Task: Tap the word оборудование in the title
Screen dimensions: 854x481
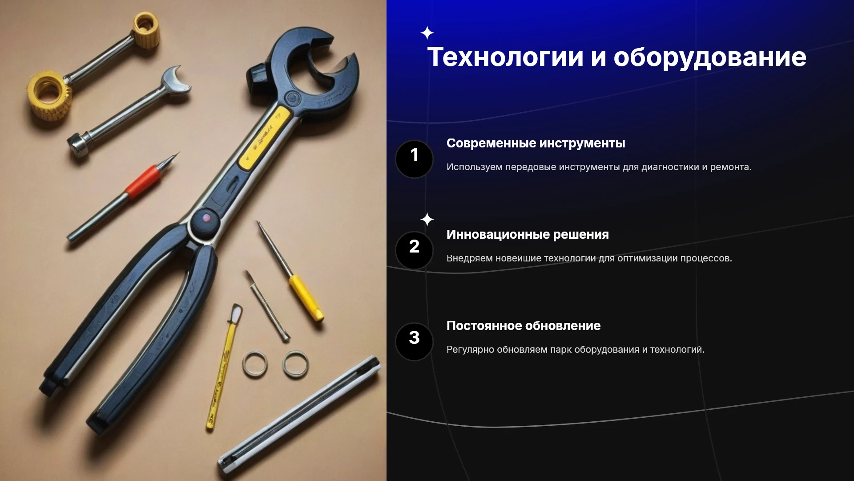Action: pos(710,58)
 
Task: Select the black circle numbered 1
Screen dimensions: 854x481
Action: pos(414,159)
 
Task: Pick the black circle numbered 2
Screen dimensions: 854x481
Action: pos(414,250)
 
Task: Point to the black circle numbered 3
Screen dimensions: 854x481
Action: pos(414,342)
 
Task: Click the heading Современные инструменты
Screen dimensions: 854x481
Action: pos(536,143)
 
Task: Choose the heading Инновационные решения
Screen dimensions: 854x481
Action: pos(528,235)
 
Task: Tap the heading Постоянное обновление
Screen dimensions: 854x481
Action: pos(524,326)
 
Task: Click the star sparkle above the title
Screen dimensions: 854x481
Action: pos(427,33)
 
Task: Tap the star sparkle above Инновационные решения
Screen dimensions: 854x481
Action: pos(427,220)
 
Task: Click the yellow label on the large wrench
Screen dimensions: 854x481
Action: pos(265,137)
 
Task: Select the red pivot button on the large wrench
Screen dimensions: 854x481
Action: pos(206,218)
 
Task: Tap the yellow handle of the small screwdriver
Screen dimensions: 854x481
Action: pos(306,298)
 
